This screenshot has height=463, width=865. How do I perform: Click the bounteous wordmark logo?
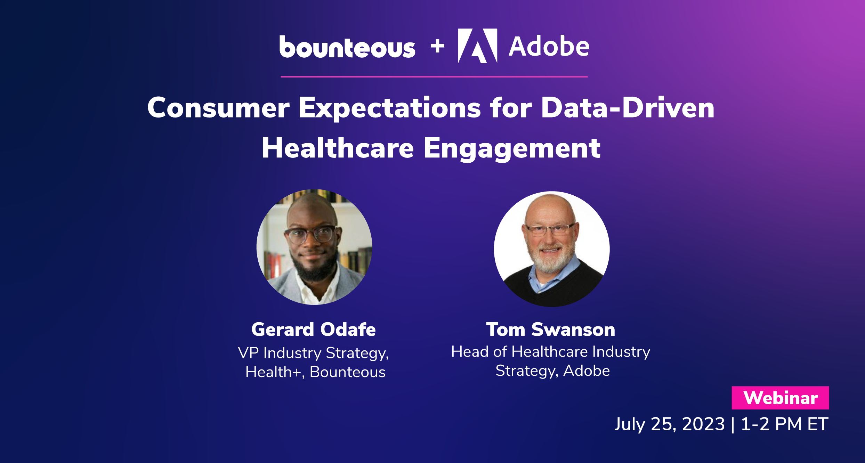[347, 47]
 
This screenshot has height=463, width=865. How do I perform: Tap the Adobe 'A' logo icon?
[478, 46]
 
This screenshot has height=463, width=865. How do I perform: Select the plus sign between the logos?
[437, 46]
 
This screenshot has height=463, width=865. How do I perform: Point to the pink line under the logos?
[434, 76]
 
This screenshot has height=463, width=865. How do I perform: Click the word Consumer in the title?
[218, 108]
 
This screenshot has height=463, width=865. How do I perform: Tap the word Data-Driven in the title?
[628, 108]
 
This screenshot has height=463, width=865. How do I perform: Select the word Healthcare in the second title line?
[338, 148]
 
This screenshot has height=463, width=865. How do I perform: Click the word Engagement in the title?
[512, 148]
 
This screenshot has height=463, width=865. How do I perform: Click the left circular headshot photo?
[314, 247]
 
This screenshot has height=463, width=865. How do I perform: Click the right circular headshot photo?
[551, 249]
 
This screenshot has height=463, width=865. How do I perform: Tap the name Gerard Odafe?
[314, 330]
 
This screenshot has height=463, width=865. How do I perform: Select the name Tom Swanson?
[551, 330]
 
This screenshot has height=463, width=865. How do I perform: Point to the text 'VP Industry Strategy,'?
[314, 353]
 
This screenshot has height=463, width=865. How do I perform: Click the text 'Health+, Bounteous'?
[315, 372]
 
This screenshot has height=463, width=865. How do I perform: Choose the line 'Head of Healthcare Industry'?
[551, 352]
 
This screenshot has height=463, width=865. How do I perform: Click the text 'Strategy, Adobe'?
[552, 371]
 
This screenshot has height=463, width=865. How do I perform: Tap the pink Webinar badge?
[780, 398]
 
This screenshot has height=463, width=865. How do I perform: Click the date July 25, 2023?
[669, 424]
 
